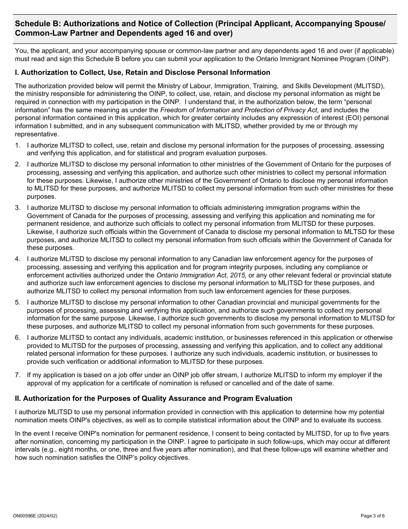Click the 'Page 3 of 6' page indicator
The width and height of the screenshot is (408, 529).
[376, 516]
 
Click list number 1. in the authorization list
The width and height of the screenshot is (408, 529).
[18, 145]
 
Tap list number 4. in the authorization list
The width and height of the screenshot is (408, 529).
[18, 259]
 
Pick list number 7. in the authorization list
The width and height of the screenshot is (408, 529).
[18, 375]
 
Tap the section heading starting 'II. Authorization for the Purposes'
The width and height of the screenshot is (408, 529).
[153, 399]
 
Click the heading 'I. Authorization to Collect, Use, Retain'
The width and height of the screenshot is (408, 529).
[143, 72]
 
